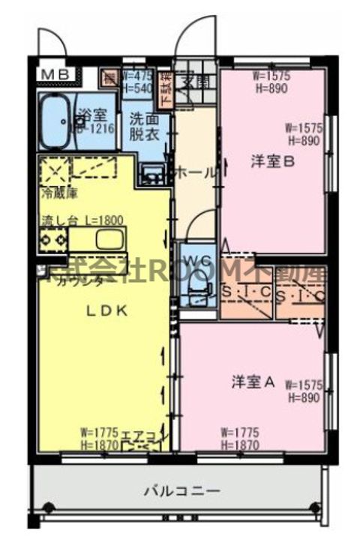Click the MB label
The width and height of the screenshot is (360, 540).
(x=55, y=74)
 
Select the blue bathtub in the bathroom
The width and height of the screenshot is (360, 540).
(x=55, y=121)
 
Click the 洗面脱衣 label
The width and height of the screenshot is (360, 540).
(x=144, y=126)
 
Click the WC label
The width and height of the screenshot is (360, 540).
(x=197, y=260)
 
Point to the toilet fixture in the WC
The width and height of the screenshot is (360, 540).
(x=196, y=288)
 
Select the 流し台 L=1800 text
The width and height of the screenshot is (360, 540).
(x=82, y=220)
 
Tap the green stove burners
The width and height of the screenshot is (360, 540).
(x=54, y=240)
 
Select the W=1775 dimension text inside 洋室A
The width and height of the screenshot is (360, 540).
(x=241, y=431)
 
